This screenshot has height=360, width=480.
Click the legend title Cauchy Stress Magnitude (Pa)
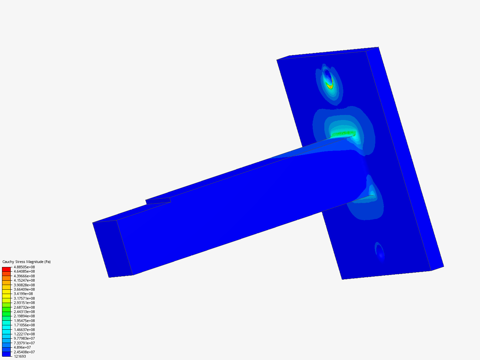(x=26, y=262)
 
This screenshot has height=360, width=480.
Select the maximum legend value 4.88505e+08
(x=24, y=267)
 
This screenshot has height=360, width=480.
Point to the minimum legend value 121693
(x=20, y=357)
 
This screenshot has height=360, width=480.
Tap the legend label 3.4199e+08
(x=23, y=294)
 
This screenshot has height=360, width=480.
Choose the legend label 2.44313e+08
(x=24, y=312)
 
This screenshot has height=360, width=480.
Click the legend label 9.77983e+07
(x=24, y=339)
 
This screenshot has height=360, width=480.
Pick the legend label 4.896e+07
(x=22, y=348)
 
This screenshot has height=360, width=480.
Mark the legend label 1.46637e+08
(x=24, y=330)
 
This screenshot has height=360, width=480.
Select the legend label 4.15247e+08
(x=24, y=280)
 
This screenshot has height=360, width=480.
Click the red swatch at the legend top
(x=6, y=269)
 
